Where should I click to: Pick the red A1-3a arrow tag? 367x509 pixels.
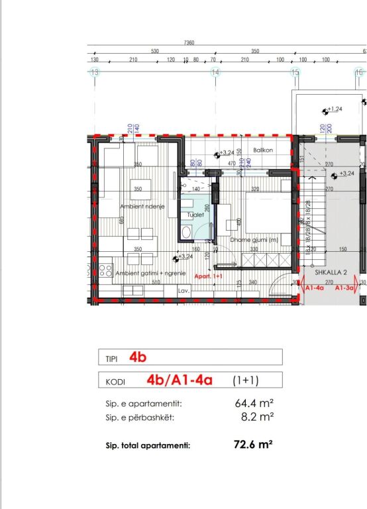(x=344, y=288)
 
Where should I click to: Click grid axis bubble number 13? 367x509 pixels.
(x=95, y=72)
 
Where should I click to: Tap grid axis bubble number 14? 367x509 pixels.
(x=215, y=72)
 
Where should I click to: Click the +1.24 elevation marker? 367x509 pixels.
(x=334, y=109)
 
